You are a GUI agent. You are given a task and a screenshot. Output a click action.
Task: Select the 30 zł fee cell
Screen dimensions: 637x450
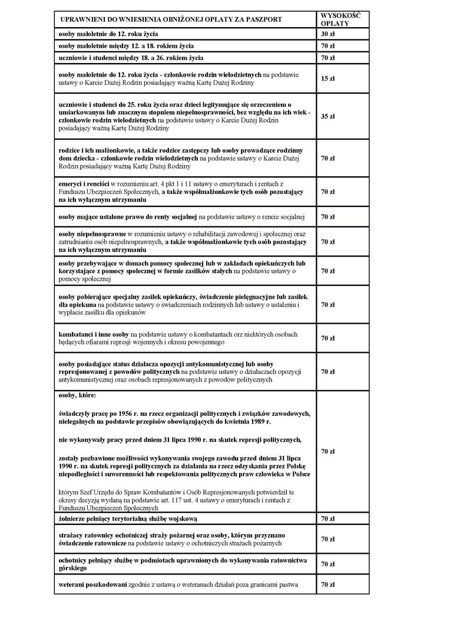tap(329, 34)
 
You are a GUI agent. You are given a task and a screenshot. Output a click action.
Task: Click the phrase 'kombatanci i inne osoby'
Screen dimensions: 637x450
tap(94, 334)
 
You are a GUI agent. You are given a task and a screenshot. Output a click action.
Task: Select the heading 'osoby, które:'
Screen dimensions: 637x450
tap(77, 395)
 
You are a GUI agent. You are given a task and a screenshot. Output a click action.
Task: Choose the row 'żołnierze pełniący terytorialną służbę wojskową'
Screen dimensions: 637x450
tap(128, 518)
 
